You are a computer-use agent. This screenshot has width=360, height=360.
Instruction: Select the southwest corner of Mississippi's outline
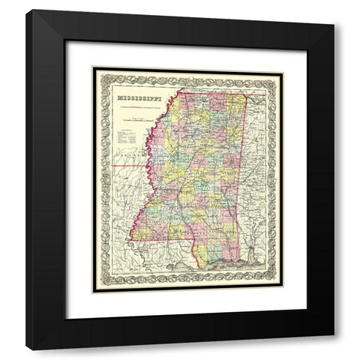(x=133, y=238)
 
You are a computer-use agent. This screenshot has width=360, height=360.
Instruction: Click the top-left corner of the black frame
(x=26, y=10)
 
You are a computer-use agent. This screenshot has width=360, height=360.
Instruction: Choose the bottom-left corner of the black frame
(x=26, y=349)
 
